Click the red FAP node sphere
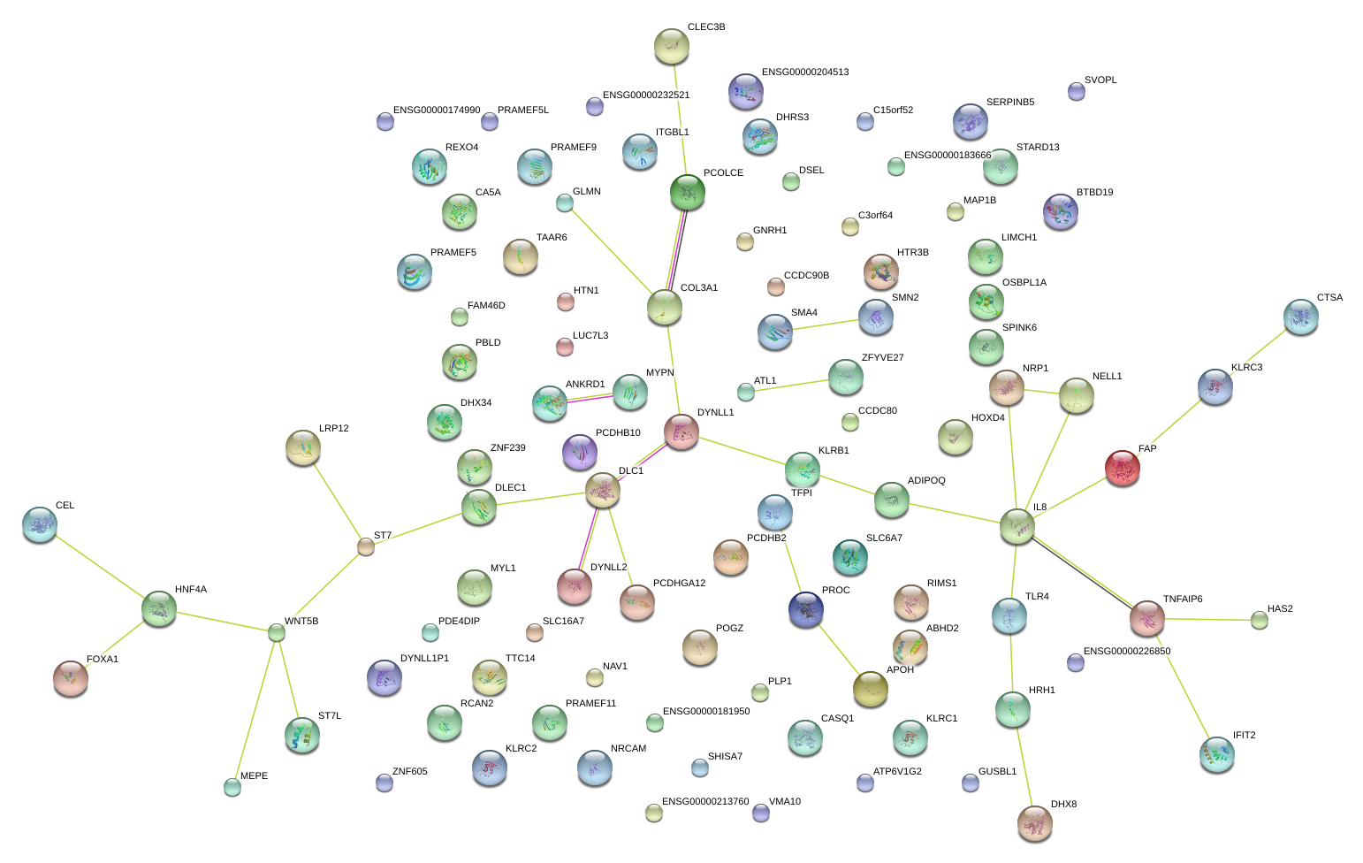[x=1122, y=468]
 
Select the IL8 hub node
[x=1017, y=526]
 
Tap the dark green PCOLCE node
[x=688, y=192]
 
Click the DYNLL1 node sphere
[x=681, y=431]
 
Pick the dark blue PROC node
[x=805, y=609]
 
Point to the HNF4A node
[x=159, y=608]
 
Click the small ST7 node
[x=365, y=546]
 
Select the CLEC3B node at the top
[x=671, y=46]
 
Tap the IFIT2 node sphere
[x=1216, y=754]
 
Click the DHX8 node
[x=1035, y=823]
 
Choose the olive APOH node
[x=870, y=689]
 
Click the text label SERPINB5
[x=1009, y=103]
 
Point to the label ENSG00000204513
[x=804, y=73]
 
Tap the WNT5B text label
[x=301, y=622]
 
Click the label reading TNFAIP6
[x=1182, y=600]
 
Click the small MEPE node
[x=232, y=786]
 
